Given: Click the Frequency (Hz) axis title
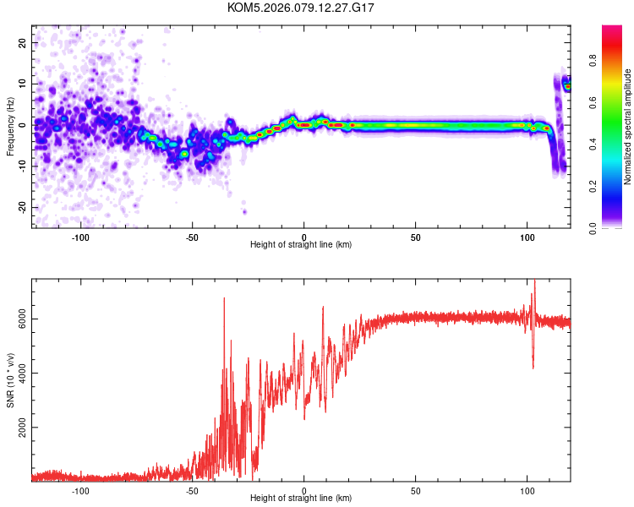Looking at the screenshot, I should click(10, 125).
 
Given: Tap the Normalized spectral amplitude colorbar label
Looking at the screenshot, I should click(628, 127).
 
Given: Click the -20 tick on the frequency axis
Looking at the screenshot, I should click(21, 207).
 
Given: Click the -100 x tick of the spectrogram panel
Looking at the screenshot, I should click(81, 237).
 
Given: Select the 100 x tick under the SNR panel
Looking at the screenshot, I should click(527, 490).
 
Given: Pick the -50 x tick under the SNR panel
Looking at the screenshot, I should click(192, 490).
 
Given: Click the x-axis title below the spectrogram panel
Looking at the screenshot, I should click(301, 245).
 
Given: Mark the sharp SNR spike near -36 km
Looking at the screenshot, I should click(224, 299).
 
